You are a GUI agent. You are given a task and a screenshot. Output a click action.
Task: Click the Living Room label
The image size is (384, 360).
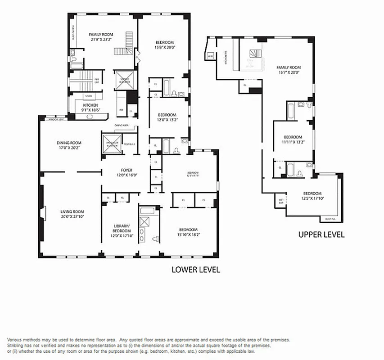(x=72, y=211)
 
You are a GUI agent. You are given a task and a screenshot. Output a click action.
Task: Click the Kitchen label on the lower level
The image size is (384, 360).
(x=90, y=105)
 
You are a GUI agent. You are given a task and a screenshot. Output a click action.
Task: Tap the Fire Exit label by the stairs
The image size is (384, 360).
(x=96, y=81)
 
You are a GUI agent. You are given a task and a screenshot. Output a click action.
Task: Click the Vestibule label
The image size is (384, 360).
(x=129, y=144)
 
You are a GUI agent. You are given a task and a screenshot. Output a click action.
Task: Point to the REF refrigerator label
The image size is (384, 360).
(x=121, y=109)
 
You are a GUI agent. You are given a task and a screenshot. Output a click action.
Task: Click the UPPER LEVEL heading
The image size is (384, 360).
(x=321, y=234)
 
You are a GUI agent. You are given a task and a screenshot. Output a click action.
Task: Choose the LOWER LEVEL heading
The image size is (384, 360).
(x=195, y=270)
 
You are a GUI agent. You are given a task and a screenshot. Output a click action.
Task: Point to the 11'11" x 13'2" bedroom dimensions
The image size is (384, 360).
(x=293, y=142)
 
